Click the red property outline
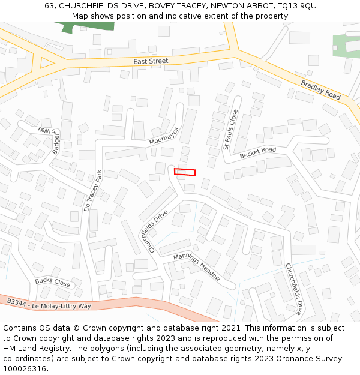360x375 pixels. (185, 172)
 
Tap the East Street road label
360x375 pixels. (151, 61)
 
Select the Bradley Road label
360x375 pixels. (320, 90)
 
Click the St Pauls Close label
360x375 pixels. (230, 129)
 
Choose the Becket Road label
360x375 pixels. (258, 153)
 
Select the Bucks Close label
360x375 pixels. (52, 281)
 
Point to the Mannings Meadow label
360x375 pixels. (197, 267)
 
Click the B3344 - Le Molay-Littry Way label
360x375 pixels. (49, 303)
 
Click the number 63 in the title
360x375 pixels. (50, 6)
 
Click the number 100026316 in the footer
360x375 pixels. (25, 369)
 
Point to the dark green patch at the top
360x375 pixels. (90, 26)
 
